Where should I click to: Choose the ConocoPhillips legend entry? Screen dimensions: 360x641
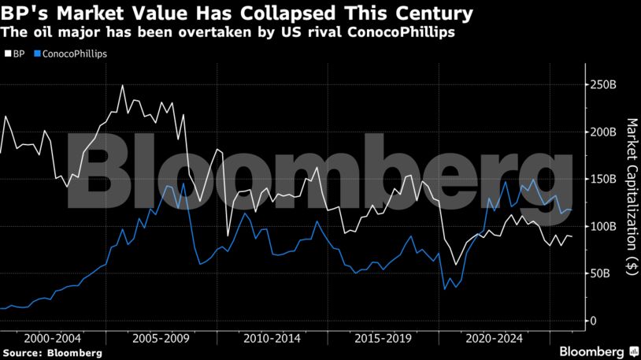(x=70, y=54)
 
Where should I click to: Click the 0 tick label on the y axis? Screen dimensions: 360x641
(x=592, y=321)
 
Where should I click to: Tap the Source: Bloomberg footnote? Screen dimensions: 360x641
(x=52, y=353)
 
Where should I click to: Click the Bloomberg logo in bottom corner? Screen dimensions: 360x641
(x=598, y=351)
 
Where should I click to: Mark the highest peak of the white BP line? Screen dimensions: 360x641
(x=122, y=85)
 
